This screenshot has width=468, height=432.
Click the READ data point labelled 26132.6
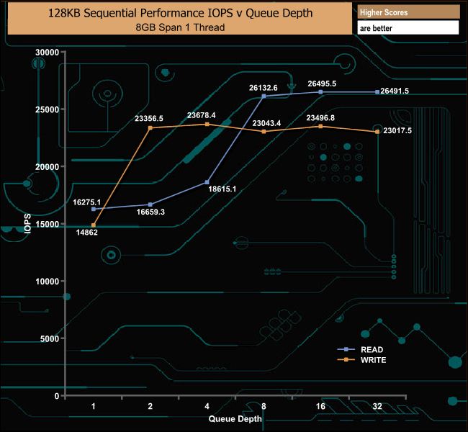(x=264, y=96)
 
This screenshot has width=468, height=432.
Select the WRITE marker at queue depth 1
(x=94, y=225)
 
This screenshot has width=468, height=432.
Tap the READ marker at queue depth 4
(x=207, y=182)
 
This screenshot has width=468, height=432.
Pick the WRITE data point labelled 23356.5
(x=150, y=128)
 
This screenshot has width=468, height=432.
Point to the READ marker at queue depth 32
(x=377, y=91)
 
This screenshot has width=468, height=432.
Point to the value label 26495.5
(x=322, y=84)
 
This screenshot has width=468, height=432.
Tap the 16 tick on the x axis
(x=320, y=407)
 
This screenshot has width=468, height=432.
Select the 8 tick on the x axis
(x=264, y=407)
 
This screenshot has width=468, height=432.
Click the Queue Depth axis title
(x=235, y=418)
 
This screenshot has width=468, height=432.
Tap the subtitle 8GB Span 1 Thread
(x=179, y=27)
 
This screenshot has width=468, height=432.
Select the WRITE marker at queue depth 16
(x=320, y=126)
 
